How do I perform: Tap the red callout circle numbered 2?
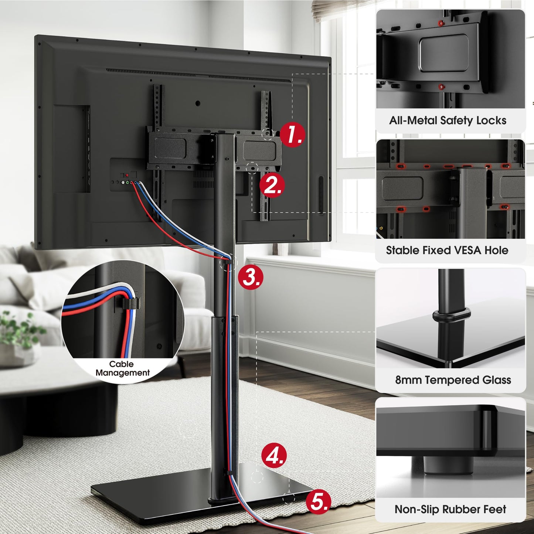pyautogui.click(x=272, y=185)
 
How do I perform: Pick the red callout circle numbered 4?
pyautogui.click(x=274, y=455)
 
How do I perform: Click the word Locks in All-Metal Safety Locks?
pyautogui.click(x=491, y=120)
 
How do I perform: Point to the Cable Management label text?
pyautogui.click(x=122, y=368)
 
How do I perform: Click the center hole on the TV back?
pyautogui.click(x=198, y=103)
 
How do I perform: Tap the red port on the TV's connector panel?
pyautogui.click(x=127, y=175)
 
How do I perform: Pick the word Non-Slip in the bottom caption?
pyautogui.click(x=416, y=510)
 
